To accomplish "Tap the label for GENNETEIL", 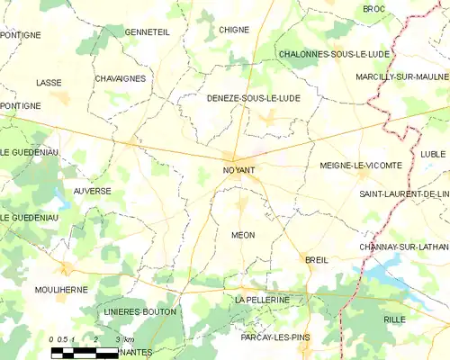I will [148, 31].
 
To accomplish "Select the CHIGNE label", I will [234, 30].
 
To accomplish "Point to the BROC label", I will [373, 8].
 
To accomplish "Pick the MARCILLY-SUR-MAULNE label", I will [401, 76].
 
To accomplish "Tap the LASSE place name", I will [49, 83].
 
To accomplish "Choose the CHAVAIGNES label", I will [120, 78].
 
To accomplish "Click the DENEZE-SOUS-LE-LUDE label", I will [253, 97].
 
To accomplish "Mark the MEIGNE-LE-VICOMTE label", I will [358, 166].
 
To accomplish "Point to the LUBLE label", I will [432, 154].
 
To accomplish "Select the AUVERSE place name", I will [92, 191].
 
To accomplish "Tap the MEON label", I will [243, 235].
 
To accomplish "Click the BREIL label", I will [317, 259].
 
